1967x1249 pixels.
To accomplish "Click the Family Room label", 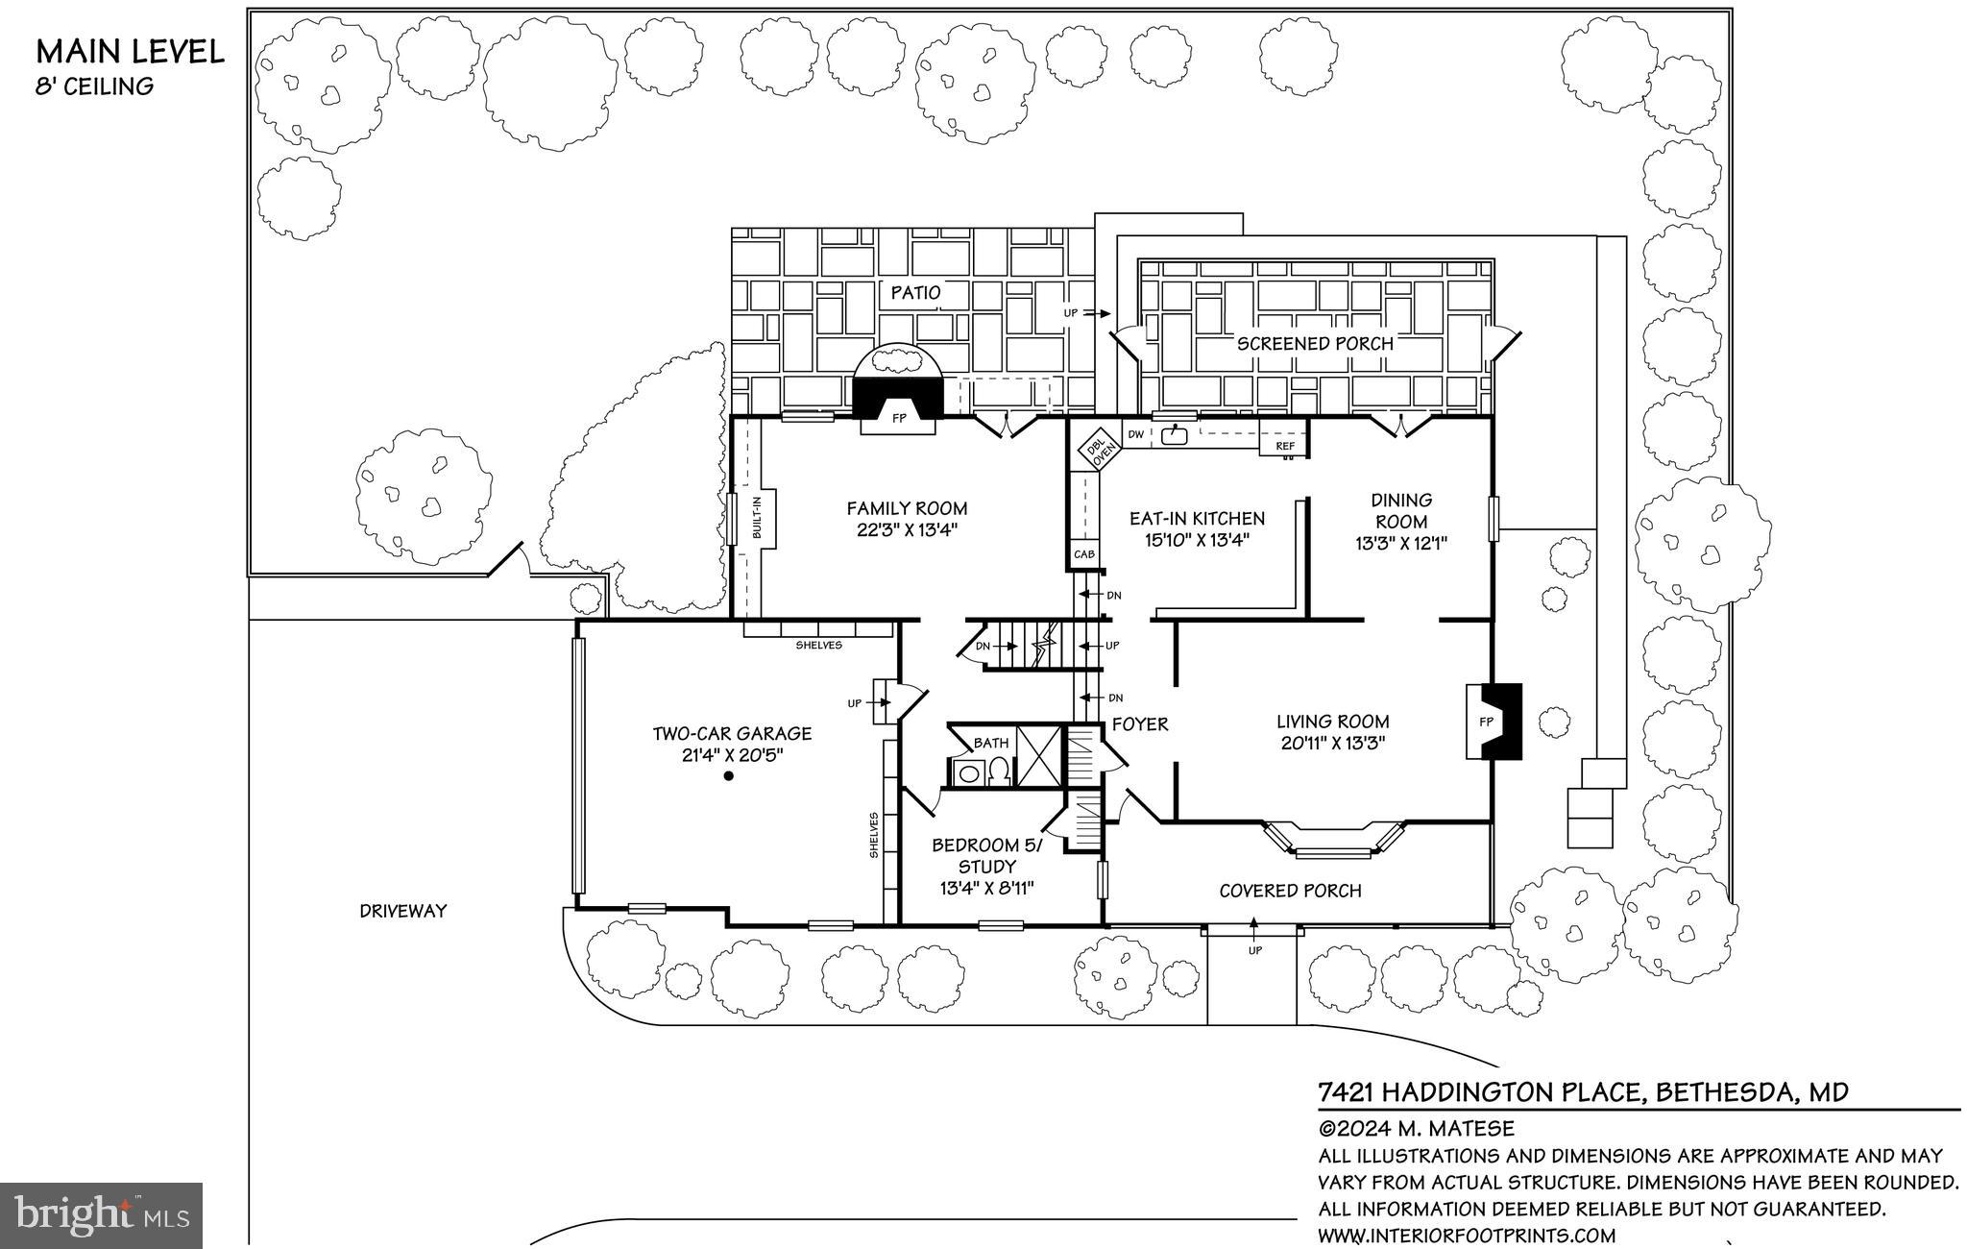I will tap(907, 509).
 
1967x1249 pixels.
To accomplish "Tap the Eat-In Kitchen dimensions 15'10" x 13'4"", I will tap(1197, 540).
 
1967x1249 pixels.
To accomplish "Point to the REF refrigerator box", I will tap(1284, 447).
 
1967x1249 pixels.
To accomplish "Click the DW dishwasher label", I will tap(1135, 435).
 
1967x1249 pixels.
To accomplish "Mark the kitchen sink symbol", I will tap(1174, 435).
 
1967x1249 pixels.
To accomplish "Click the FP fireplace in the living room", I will tap(1487, 722).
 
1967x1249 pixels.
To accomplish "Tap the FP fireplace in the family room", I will tap(899, 419).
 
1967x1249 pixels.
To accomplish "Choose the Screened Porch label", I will tap(1314, 343).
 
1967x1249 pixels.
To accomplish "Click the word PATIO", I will tap(914, 292).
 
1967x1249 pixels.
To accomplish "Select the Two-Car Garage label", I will tap(732, 734).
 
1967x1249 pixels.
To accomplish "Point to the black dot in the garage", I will tap(729, 776).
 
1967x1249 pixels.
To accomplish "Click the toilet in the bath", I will tap(1000, 771).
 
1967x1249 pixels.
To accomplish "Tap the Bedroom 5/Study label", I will tap(986, 855).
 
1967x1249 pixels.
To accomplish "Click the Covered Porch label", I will tap(1290, 891).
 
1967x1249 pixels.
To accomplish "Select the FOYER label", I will tap(1139, 724).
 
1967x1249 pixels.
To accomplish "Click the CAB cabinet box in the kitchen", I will tap(1084, 555).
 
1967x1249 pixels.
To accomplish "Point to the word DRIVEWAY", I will tap(403, 911).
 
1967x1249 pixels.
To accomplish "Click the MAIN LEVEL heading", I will tap(130, 51).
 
